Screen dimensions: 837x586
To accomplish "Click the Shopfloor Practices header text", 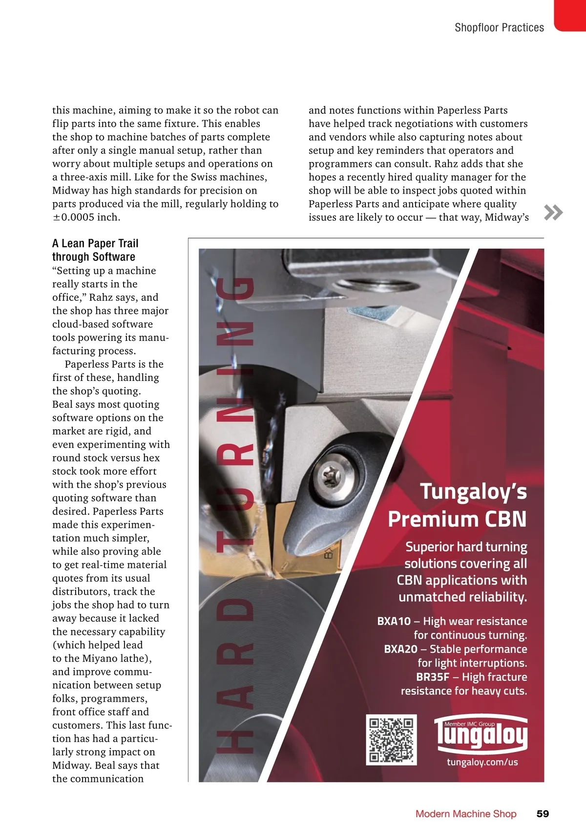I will [x=499, y=28].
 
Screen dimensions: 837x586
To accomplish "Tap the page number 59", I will [x=543, y=814].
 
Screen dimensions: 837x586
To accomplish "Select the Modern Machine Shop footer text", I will [x=466, y=814].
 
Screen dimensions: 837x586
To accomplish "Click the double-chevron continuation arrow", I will [x=553, y=212].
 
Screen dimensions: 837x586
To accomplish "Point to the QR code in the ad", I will [x=391, y=740].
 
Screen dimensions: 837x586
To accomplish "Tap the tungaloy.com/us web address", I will [x=482, y=762].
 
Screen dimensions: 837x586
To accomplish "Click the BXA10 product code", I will [x=394, y=621].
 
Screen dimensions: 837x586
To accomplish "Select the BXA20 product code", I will [x=400, y=649].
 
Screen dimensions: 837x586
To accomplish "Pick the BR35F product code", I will [x=432, y=677].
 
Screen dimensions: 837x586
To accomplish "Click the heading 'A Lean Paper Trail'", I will [x=95, y=243].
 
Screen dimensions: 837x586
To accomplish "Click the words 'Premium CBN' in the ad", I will [x=457, y=519].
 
